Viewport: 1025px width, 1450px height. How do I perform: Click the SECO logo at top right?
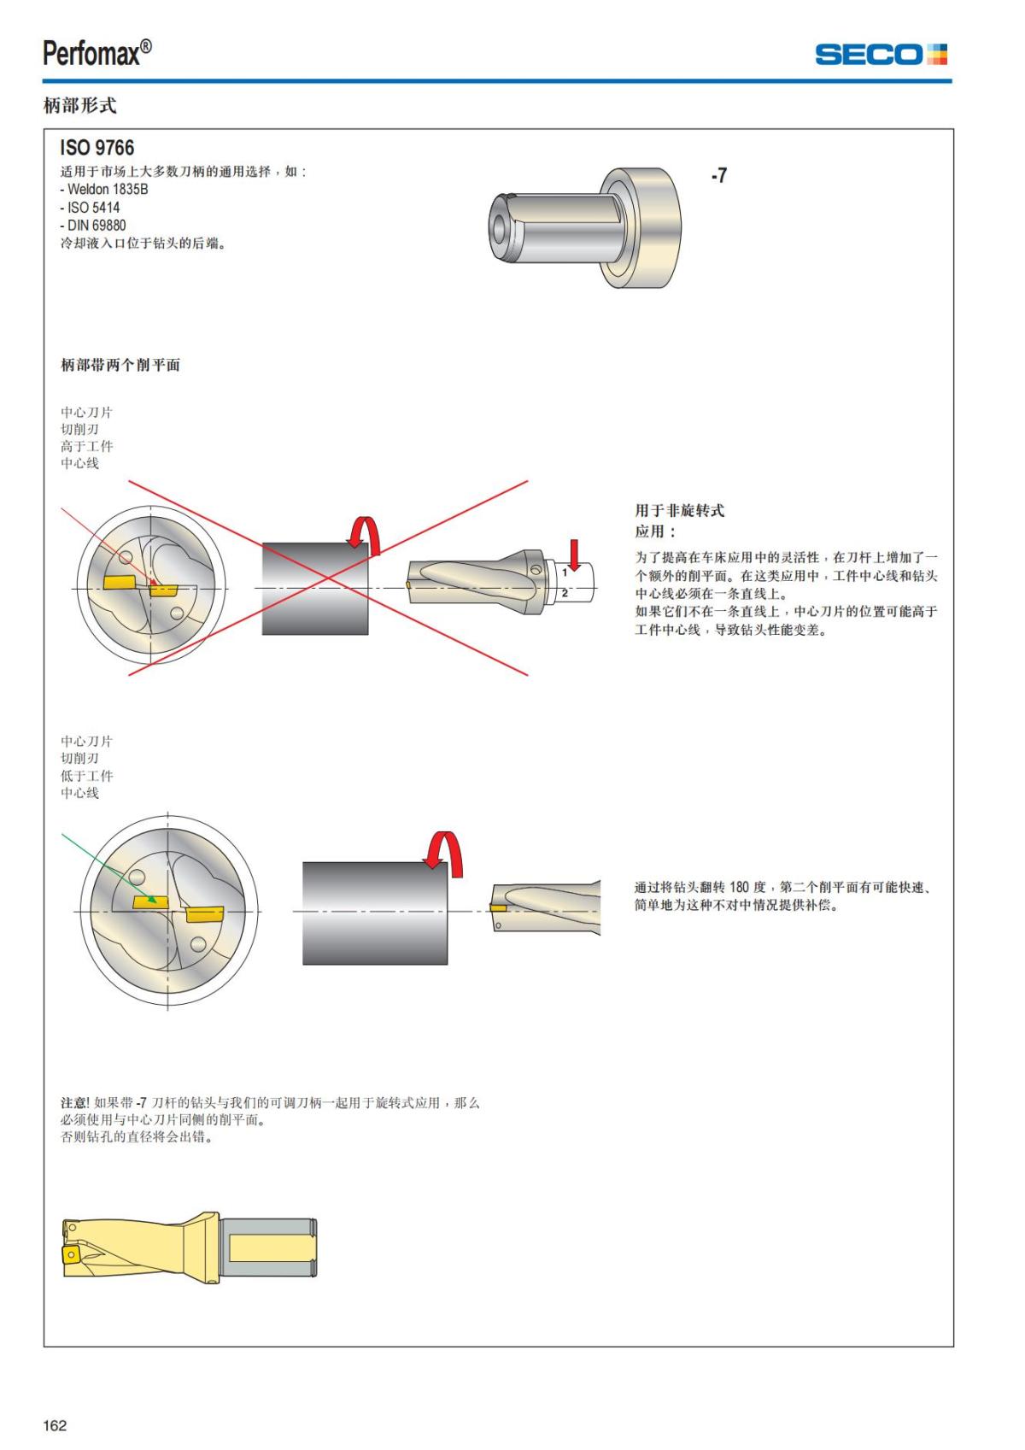[x=881, y=55]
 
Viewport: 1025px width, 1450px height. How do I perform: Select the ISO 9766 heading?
[x=97, y=148]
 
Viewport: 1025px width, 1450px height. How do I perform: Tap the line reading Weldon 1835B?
[x=104, y=190]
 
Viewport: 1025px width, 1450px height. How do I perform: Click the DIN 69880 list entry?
[x=93, y=226]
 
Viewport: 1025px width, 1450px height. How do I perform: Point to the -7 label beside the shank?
[x=719, y=176]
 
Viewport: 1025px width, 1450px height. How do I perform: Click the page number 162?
[x=55, y=1425]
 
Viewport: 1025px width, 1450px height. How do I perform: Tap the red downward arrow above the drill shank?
[x=575, y=555]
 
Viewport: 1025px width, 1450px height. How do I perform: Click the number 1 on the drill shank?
[x=565, y=573]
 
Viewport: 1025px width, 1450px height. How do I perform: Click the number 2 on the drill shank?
[x=565, y=592]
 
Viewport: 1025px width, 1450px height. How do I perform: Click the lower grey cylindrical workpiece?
[x=374, y=913]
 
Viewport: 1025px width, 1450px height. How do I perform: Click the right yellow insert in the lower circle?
[x=204, y=915]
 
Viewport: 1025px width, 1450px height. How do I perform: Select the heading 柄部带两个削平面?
[x=120, y=366]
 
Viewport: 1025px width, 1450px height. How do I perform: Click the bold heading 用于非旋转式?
[x=679, y=511]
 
